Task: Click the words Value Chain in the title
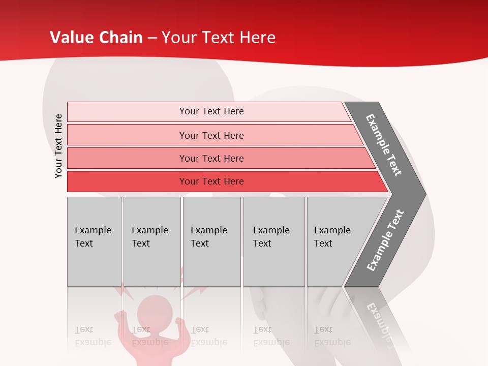96,37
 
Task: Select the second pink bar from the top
211,135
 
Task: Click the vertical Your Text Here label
58,146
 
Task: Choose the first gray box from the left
94,241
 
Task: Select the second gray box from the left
151,241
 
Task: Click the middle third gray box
211,241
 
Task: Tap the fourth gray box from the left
273,241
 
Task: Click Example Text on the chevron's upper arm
384,145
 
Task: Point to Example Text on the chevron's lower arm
385,240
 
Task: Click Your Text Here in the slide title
219,37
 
